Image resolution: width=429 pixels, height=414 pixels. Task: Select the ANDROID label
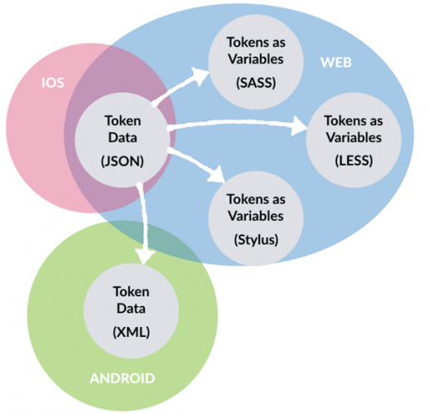click(122, 378)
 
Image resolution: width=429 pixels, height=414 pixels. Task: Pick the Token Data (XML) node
click(130, 310)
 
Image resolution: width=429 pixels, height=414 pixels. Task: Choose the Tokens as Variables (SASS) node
click(256, 59)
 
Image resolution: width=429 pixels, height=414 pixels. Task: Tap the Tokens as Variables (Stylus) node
click(256, 216)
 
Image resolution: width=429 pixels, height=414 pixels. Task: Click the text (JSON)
click(122, 161)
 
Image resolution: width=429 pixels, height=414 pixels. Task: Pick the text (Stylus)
click(256, 240)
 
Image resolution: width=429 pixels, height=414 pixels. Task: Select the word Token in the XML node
click(130, 291)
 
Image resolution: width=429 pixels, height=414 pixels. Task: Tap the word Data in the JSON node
click(122, 137)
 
